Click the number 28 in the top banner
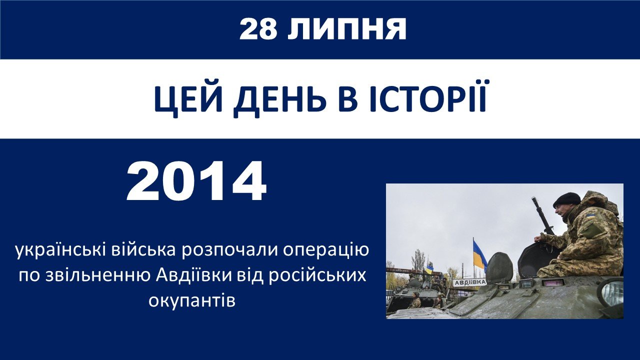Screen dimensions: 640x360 tap(258, 29)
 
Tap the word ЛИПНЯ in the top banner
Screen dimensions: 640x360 tap(347, 29)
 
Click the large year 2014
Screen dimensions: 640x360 tap(196, 181)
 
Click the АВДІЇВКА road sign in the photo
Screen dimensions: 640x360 tap(469, 282)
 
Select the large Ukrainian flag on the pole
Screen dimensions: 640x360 tap(480, 255)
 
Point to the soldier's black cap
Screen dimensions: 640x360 tap(566, 199)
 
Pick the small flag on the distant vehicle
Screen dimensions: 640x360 tap(429, 269)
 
